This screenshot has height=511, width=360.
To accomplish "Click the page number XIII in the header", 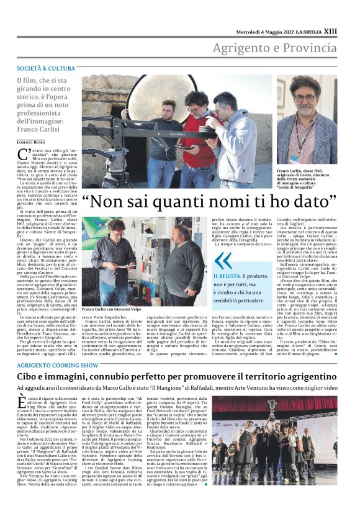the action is point(330,31).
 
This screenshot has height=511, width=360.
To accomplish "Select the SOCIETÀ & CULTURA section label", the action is point(46,68).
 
